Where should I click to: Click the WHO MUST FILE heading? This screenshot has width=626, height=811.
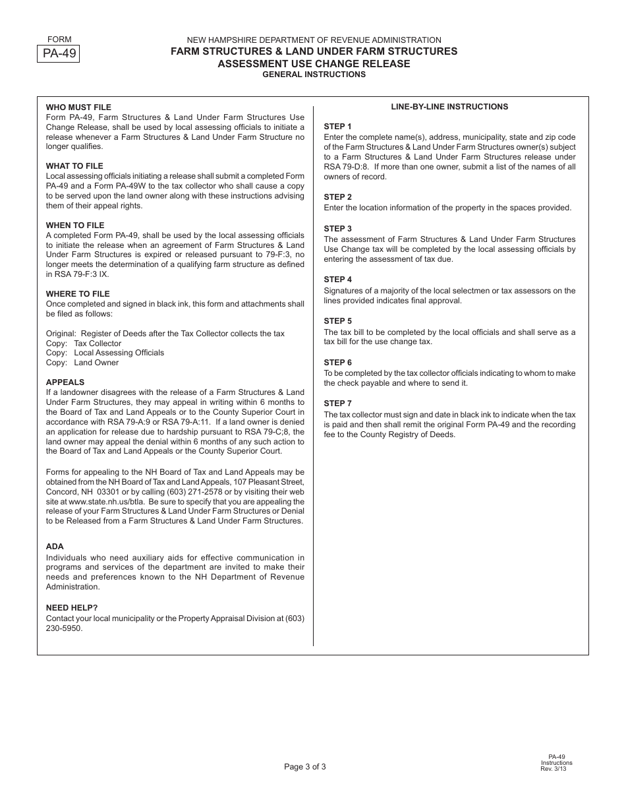coord(78,107)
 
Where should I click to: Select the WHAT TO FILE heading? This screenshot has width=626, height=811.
coord(74,166)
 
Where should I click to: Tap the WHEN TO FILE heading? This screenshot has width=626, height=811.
coord(75,225)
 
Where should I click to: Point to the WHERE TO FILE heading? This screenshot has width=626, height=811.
coord(78,294)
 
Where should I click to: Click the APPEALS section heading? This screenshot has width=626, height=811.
coord(65,382)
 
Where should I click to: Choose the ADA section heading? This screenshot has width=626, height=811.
coord(55,547)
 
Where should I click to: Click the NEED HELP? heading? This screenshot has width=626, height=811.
coord(72,608)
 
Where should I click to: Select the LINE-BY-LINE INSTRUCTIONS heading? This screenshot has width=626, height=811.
coord(449,107)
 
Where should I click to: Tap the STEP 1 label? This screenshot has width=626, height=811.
coord(337,127)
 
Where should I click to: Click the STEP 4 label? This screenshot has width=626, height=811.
coord(337,280)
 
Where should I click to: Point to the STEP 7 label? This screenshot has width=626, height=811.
coord(337,404)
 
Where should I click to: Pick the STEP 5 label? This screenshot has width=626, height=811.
coord(337,321)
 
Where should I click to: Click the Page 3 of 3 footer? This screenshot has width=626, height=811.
coord(305,767)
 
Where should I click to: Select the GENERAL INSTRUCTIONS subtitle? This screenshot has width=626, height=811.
coord(314,75)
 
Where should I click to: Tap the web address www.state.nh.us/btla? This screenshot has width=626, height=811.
coord(107,502)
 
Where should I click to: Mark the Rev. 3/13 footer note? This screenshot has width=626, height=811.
coord(553,769)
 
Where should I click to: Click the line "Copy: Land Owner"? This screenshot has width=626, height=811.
coord(82,363)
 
